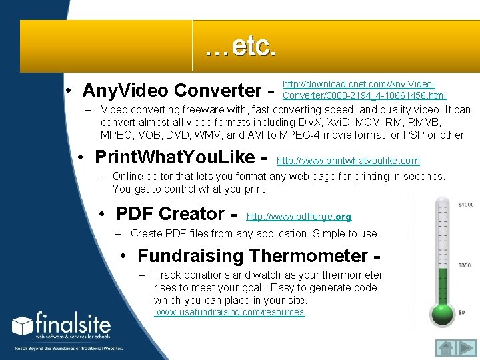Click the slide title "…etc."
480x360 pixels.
240,47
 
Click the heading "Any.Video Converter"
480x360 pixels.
172,90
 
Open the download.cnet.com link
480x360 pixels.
364,90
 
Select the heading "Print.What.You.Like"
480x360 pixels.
175,157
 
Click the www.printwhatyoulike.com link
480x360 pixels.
348,161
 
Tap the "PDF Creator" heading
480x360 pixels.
170,213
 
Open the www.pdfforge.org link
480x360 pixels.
299,217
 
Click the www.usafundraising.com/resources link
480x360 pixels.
230,312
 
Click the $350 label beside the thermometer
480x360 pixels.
464,265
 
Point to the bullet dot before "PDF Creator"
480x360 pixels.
103,214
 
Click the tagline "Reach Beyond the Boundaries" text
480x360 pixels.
69,348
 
